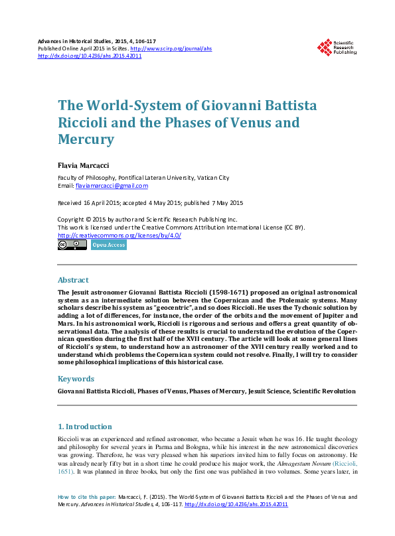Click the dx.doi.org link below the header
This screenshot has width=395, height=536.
90,56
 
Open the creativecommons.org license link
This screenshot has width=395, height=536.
119,235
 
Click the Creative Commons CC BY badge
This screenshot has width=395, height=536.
72,245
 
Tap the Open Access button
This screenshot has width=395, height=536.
109,245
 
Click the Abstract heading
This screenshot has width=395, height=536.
73,280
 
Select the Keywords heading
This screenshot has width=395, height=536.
76,379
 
